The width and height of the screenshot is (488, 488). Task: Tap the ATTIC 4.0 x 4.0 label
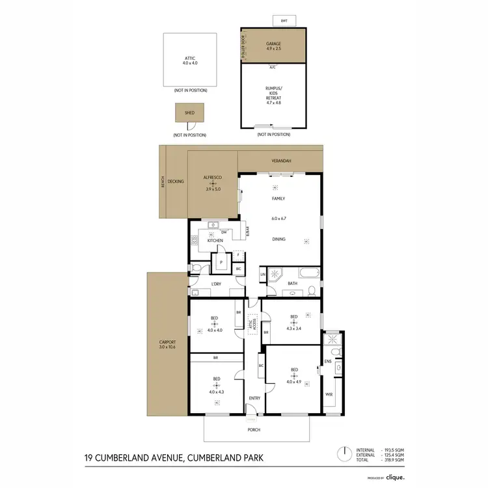pyautogui.click(x=190, y=61)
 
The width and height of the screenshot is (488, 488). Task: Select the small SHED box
pyautogui.click(x=189, y=113)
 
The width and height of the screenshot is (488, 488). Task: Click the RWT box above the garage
pyautogui.click(x=284, y=21)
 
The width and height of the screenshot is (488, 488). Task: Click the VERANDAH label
pyautogui.click(x=281, y=160)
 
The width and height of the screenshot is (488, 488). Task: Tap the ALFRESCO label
pyautogui.click(x=213, y=177)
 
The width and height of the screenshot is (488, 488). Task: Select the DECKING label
pyautogui.click(x=176, y=182)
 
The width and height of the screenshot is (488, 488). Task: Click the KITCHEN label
pyautogui.click(x=215, y=241)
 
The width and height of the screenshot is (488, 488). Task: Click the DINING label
pyautogui.click(x=279, y=239)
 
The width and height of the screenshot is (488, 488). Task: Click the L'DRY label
pyautogui.click(x=217, y=284)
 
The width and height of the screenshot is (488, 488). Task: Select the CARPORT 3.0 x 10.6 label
pyautogui.click(x=168, y=344)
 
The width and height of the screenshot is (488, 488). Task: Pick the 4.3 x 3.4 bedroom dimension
pyautogui.click(x=293, y=327)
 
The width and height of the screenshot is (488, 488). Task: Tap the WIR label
pyautogui.click(x=329, y=394)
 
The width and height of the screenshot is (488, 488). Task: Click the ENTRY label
pyautogui.click(x=254, y=398)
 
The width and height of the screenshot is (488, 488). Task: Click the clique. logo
pyautogui.click(x=393, y=477)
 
